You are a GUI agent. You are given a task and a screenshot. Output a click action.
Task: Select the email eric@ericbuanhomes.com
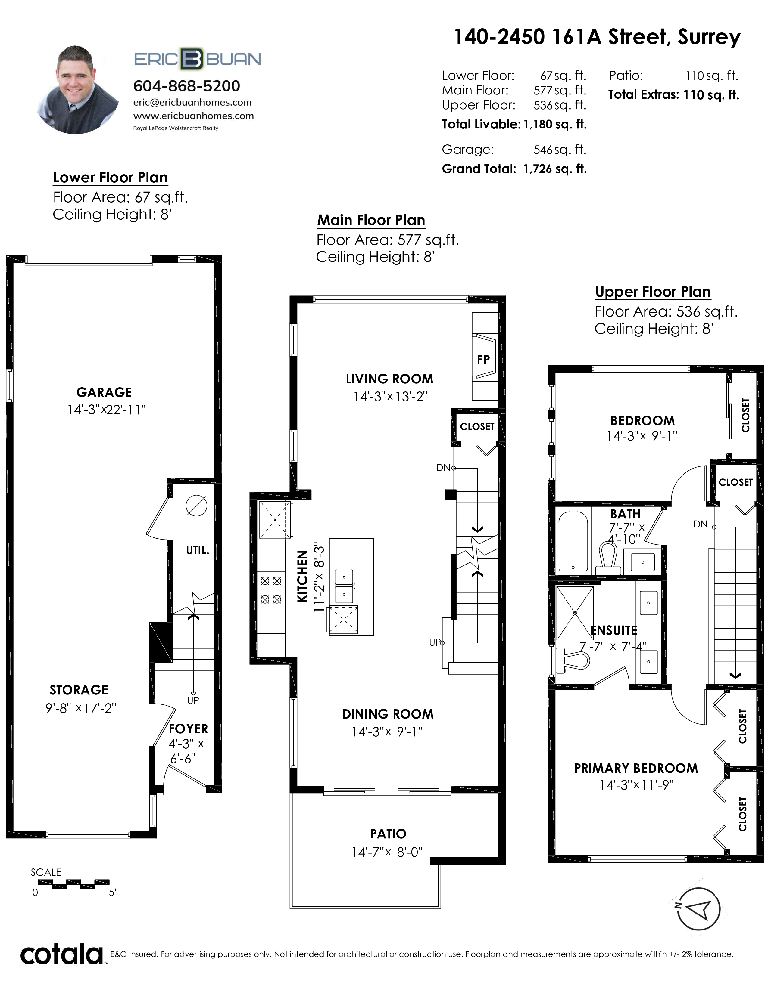click(192, 103)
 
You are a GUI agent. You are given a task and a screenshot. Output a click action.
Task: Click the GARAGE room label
click(104, 392)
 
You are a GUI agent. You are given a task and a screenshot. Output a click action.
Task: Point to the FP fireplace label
click(483, 360)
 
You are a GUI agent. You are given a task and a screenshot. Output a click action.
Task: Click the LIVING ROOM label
click(389, 379)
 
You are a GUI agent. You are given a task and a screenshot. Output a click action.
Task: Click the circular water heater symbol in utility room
click(197, 506)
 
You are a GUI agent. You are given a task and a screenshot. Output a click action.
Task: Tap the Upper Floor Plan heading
click(653, 292)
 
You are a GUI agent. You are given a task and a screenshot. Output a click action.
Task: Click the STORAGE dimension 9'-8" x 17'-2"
click(81, 708)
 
